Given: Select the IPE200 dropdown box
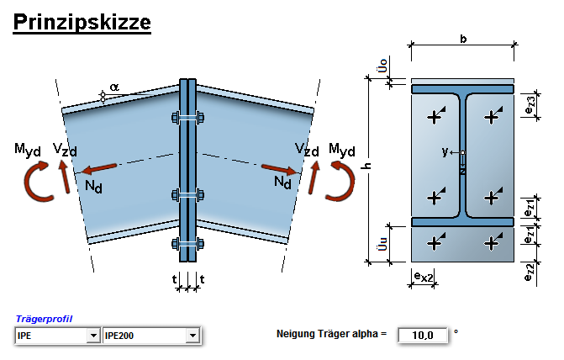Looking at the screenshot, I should [151, 336].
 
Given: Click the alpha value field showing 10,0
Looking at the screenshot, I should [422, 335].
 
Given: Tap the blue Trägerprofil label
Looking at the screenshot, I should [44, 320].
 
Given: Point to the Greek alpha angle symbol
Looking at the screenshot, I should [113, 87].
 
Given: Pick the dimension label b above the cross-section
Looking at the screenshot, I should [463, 39].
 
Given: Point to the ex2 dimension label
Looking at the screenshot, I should [423, 276].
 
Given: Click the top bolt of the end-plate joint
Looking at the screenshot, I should [187, 117].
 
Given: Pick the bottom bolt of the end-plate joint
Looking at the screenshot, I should [187, 244].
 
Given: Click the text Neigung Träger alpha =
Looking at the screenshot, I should [331, 335].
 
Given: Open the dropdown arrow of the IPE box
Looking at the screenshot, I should [92, 336].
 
